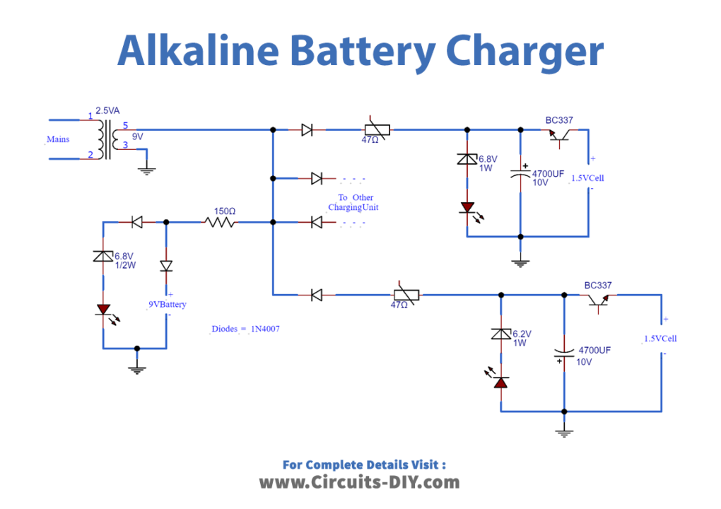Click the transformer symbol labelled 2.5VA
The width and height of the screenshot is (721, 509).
(x=107, y=139)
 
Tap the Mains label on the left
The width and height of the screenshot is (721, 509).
(x=58, y=139)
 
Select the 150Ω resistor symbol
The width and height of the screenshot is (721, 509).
(x=220, y=222)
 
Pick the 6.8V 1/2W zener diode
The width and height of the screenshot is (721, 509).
(x=103, y=257)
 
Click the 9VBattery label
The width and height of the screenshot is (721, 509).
(x=167, y=305)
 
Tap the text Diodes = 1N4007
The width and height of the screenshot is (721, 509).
(x=246, y=329)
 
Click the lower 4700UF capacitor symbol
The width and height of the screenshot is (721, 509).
(x=564, y=355)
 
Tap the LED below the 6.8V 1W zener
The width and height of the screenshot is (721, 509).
(x=467, y=207)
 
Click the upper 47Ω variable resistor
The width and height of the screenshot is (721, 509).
(x=377, y=129)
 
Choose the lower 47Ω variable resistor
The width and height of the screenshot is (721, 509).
(x=406, y=293)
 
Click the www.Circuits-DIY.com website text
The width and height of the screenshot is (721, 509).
(x=359, y=482)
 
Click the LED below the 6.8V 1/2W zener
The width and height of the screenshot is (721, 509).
(x=103, y=310)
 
